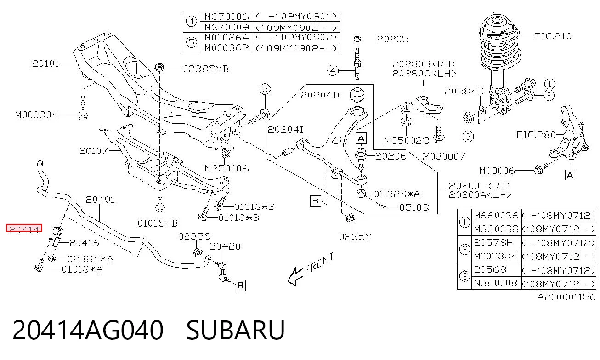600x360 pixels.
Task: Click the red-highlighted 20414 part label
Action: click(x=24, y=229)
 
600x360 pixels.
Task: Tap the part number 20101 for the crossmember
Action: click(x=45, y=63)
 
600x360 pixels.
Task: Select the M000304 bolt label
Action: click(x=36, y=115)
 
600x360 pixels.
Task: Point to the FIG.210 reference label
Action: click(x=553, y=36)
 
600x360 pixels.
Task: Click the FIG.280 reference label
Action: click(x=536, y=135)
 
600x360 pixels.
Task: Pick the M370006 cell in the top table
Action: click(x=226, y=17)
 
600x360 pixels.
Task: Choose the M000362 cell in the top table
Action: click(x=226, y=48)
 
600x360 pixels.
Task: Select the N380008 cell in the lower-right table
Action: click(x=495, y=283)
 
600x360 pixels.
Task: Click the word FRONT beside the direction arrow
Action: click(x=319, y=264)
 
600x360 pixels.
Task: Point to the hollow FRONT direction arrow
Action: click(x=296, y=276)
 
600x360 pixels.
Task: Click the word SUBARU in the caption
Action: click(x=235, y=330)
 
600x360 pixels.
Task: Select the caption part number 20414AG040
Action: click(x=88, y=330)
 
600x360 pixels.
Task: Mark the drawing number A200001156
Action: click(x=566, y=297)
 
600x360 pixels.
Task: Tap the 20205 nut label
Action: click(x=393, y=39)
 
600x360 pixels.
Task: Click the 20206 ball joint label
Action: click(x=391, y=156)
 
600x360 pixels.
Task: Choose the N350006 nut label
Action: click(x=226, y=168)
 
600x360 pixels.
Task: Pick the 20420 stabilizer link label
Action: click(x=225, y=246)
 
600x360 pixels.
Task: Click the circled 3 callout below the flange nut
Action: click(x=468, y=137)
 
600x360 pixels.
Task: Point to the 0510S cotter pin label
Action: click(x=414, y=207)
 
